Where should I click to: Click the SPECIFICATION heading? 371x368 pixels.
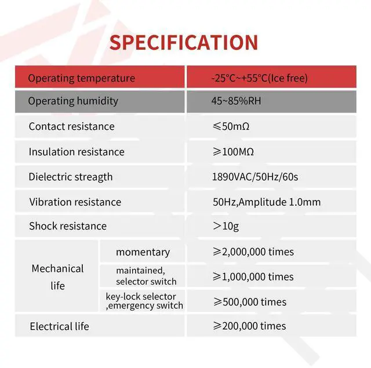click(184, 42)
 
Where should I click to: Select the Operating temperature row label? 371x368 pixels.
click(82, 78)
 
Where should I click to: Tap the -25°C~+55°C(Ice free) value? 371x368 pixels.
click(260, 78)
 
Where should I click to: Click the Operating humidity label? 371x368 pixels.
click(73, 101)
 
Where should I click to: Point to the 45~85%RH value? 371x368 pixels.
click(236, 101)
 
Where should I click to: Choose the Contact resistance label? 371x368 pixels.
click(72, 126)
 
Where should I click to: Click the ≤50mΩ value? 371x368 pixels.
click(231, 126)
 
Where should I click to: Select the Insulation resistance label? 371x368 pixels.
click(77, 152)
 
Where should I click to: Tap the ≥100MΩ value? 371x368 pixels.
click(233, 152)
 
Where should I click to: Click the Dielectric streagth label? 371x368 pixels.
click(71, 177)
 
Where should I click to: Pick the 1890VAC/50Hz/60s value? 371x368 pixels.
click(255, 177)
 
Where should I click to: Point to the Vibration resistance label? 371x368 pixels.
click(75, 202)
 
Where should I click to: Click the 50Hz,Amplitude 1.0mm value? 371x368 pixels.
click(267, 202)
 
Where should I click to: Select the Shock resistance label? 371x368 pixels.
click(68, 226)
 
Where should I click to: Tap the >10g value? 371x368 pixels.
click(225, 227)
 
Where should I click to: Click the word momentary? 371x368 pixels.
click(143, 252)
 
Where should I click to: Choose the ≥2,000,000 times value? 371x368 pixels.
click(253, 252)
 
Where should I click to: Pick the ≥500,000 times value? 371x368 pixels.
click(250, 302)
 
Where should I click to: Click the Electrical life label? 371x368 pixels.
click(59, 326)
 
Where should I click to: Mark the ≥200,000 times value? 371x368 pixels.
click(249, 326)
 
